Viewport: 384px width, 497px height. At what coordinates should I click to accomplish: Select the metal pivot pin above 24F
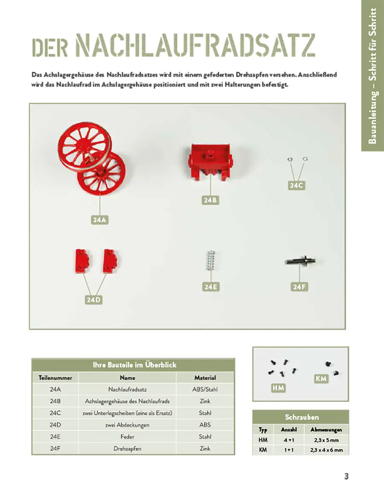click(300, 261)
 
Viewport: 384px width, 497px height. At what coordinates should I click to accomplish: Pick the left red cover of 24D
click(82, 260)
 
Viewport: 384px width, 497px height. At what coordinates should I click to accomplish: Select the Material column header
click(205, 378)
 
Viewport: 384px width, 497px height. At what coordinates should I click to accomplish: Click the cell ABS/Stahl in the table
click(205, 389)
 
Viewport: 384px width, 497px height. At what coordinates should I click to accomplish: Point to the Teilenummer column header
click(55, 378)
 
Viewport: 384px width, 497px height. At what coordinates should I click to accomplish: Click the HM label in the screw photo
click(278, 388)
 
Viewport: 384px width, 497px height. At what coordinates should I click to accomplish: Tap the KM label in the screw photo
click(321, 378)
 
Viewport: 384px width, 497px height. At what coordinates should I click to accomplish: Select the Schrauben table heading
click(301, 417)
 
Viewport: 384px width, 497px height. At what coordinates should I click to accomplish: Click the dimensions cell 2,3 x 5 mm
click(326, 440)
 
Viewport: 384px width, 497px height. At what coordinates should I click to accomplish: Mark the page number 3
click(346, 477)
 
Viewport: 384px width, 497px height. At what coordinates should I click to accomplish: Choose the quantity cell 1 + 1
click(288, 450)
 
